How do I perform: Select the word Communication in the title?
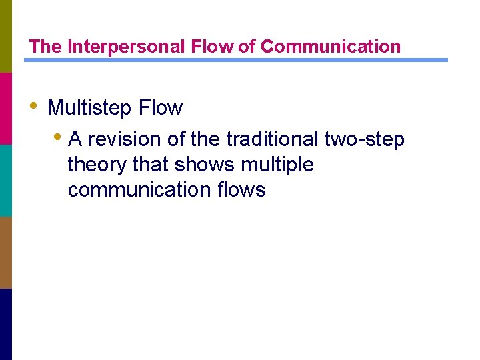point(331,47)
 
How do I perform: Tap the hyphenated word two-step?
point(364,139)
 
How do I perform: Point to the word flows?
point(241,190)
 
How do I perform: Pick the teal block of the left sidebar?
point(6,180)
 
